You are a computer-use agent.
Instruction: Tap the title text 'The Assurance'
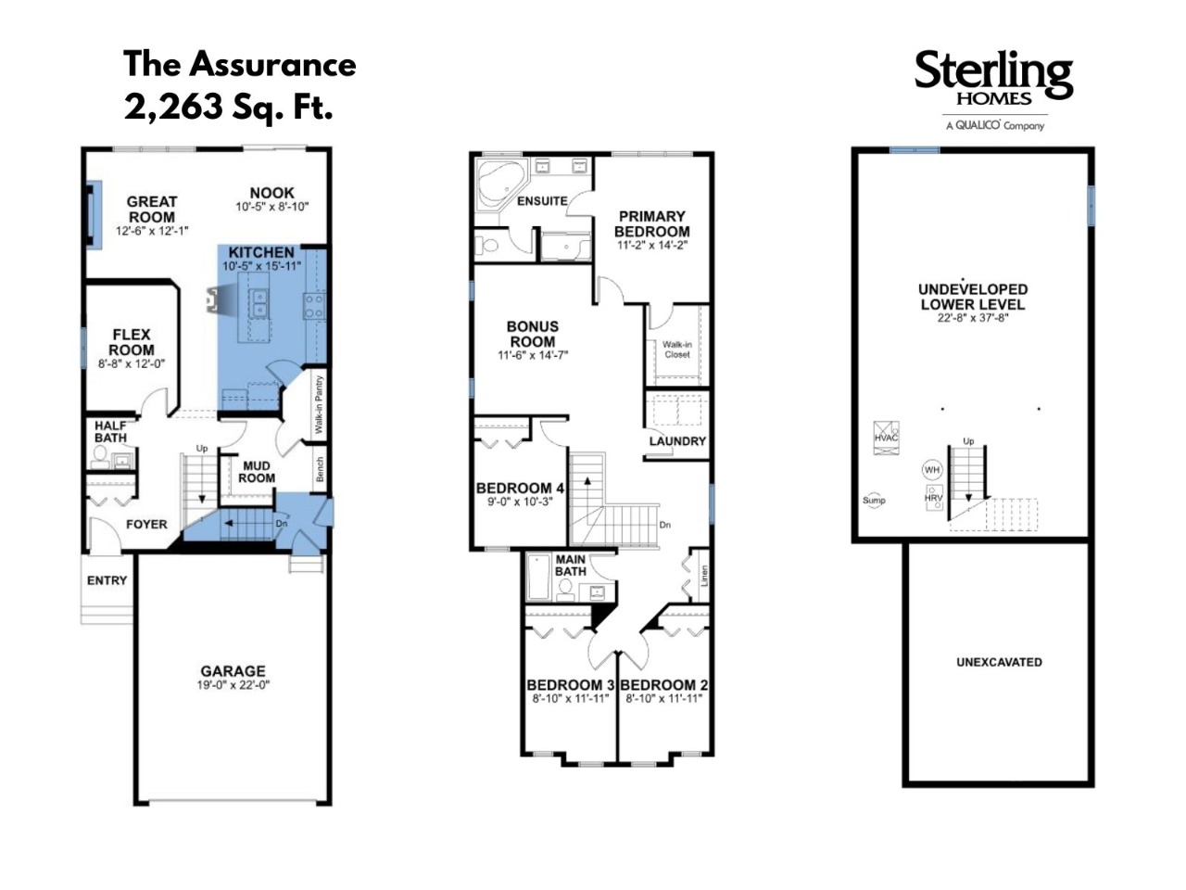coord(240,64)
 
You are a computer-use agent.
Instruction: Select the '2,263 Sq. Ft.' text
coord(228,107)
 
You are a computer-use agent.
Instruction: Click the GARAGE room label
coord(233,670)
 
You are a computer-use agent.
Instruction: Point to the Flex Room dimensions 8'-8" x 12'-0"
coord(132,363)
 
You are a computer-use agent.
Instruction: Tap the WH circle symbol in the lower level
coord(931,470)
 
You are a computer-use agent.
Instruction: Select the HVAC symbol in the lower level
coord(886,439)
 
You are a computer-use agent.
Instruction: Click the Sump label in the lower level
coord(874,501)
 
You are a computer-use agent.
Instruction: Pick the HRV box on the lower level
coord(933,498)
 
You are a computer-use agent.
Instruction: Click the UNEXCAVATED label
coord(999,662)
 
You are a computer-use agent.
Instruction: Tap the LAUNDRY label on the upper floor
coord(677,441)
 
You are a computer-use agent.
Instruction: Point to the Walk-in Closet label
coord(677,350)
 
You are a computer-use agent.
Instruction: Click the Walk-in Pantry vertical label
coord(319,404)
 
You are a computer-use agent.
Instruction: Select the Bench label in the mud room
coord(320,469)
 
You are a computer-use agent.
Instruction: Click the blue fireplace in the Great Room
coord(95,214)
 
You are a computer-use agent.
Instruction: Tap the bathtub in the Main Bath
coord(538,576)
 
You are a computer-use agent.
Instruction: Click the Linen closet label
coord(704,576)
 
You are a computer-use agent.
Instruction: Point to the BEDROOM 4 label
coord(520,488)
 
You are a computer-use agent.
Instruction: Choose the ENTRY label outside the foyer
coord(107,580)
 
